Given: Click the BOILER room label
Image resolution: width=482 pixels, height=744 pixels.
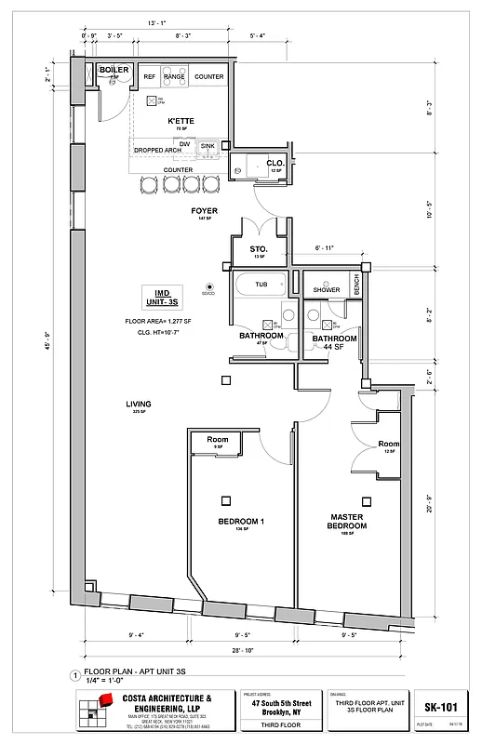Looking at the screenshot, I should point(114,69).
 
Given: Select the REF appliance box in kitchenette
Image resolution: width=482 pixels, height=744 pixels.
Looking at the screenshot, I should point(150,77).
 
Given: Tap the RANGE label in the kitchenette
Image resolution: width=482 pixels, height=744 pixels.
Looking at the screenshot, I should point(174,77).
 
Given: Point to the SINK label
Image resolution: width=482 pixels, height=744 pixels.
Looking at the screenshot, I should point(208,146).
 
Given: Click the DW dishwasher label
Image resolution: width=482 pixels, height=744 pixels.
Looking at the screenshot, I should point(184,143).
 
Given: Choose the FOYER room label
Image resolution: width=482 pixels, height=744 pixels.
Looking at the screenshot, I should point(204,211).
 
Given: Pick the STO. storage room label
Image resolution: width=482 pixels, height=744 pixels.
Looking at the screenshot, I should point(259,249).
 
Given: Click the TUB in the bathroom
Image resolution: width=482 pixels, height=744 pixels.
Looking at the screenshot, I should point(261,284).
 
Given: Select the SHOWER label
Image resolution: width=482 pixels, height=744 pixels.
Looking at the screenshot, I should point(327,289).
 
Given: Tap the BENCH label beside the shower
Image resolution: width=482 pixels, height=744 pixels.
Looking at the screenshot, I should point(356,286).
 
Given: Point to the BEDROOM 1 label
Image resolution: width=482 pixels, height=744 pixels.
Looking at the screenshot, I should point(241,522).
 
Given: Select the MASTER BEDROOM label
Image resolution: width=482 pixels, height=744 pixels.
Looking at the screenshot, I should point(347,521).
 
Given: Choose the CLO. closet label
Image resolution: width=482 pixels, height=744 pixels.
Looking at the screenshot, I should point(274,163).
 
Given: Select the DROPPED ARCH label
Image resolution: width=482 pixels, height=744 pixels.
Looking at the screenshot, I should point(157,150).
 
